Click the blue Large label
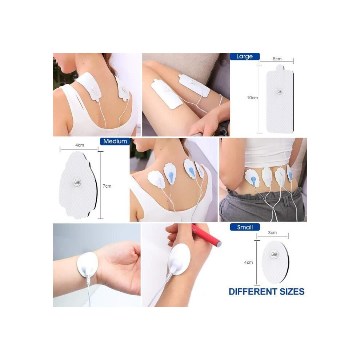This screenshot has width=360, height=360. coord(245,56)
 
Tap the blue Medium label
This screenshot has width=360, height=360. coord(115,141)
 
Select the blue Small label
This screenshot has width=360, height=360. coord(245,227)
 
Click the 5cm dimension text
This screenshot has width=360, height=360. coord(277,59)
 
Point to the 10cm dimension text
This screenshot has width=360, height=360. coord(252,98)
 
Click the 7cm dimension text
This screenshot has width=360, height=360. coord(107,186)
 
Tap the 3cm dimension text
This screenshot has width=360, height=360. coord(272,233)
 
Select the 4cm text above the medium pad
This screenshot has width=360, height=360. coord(80,145)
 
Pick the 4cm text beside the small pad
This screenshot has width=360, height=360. coord(248,263)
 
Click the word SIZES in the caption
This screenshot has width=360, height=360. coord(292,292)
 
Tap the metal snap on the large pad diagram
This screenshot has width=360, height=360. coord(279,92)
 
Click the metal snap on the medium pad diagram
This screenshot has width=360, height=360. coord(77,183)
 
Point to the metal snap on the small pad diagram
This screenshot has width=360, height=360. coord(274,254)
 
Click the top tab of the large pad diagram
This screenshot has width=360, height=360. coord(280,68)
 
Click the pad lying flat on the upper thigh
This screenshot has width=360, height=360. coord(166,94)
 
